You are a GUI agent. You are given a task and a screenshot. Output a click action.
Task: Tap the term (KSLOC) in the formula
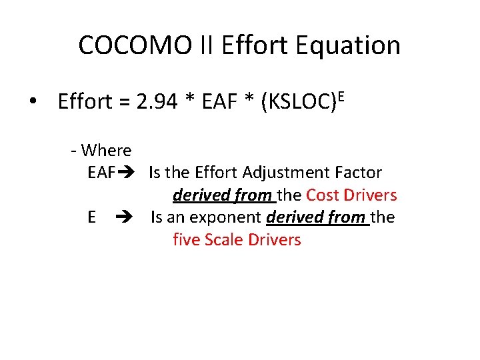(x=298, y=103)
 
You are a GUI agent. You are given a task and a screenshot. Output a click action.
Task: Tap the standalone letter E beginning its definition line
(x=91, y=217)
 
